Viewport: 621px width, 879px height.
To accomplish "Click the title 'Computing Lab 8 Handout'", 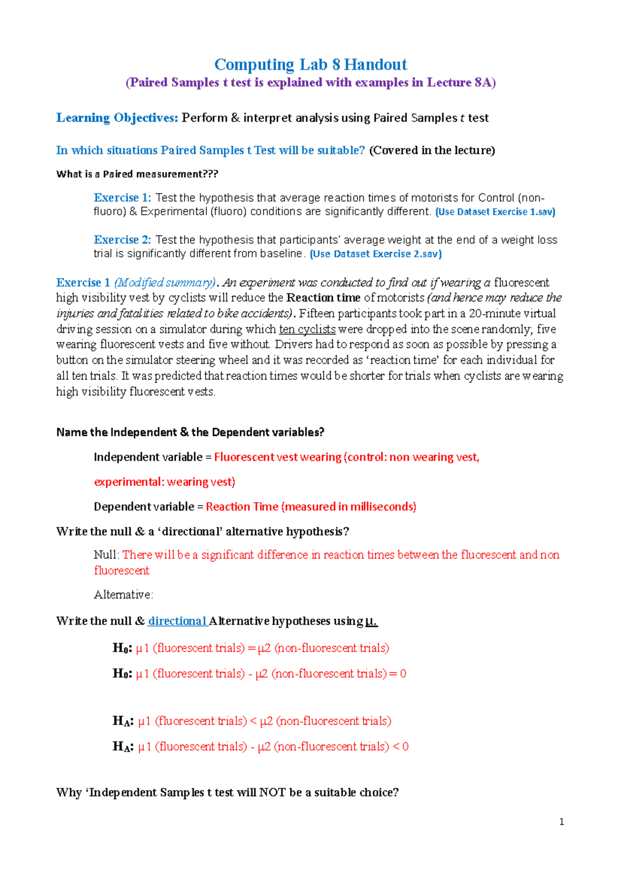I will (x=310, y=65).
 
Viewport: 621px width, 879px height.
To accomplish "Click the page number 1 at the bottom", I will (x=561, y=822).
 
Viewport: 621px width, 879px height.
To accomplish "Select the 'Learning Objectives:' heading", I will (x=117, y=118).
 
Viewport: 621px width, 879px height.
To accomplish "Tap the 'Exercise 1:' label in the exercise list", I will (x=122, y=198).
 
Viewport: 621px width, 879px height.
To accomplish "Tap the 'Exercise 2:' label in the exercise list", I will (x=122, y=240).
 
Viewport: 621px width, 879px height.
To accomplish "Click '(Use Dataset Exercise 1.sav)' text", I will (x=495, y=212).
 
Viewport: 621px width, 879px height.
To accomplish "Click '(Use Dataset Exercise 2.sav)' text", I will (x=375, y=254).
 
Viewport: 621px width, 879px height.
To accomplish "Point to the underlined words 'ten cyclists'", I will (x=307, y=329).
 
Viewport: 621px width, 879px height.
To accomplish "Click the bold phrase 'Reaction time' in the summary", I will (x=323, y=298).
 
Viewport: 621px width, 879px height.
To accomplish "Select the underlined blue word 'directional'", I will (x=177, y=621).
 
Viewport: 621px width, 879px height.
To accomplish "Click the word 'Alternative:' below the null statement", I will (x=123, y=595).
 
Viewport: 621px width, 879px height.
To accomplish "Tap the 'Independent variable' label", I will (x=148, y=457).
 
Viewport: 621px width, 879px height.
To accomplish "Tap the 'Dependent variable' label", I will (x=143, y=507).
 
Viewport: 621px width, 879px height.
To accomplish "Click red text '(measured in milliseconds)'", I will (x=349, y=507).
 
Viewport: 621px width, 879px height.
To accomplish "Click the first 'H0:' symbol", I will (x=122, y=648).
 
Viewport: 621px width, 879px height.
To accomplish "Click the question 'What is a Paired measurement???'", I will (x=137, y=174).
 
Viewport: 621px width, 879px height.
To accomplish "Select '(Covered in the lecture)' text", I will (x=432, y=151).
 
